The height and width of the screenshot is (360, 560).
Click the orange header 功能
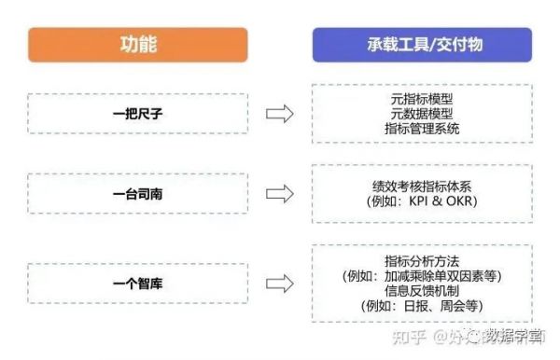[x=137, y=44]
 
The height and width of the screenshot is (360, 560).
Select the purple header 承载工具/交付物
[x=422, y=44]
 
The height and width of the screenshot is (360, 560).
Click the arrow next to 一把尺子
[x=280, y=114]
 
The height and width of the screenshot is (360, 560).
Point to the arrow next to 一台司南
[x=280, y=195]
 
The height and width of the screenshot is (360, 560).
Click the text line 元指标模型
[x=422, y=98]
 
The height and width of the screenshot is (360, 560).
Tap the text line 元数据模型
[x=422, y=113]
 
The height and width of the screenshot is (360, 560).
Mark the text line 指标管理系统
[x=422, y=129]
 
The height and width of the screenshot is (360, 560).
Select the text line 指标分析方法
[x=422, y=259]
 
